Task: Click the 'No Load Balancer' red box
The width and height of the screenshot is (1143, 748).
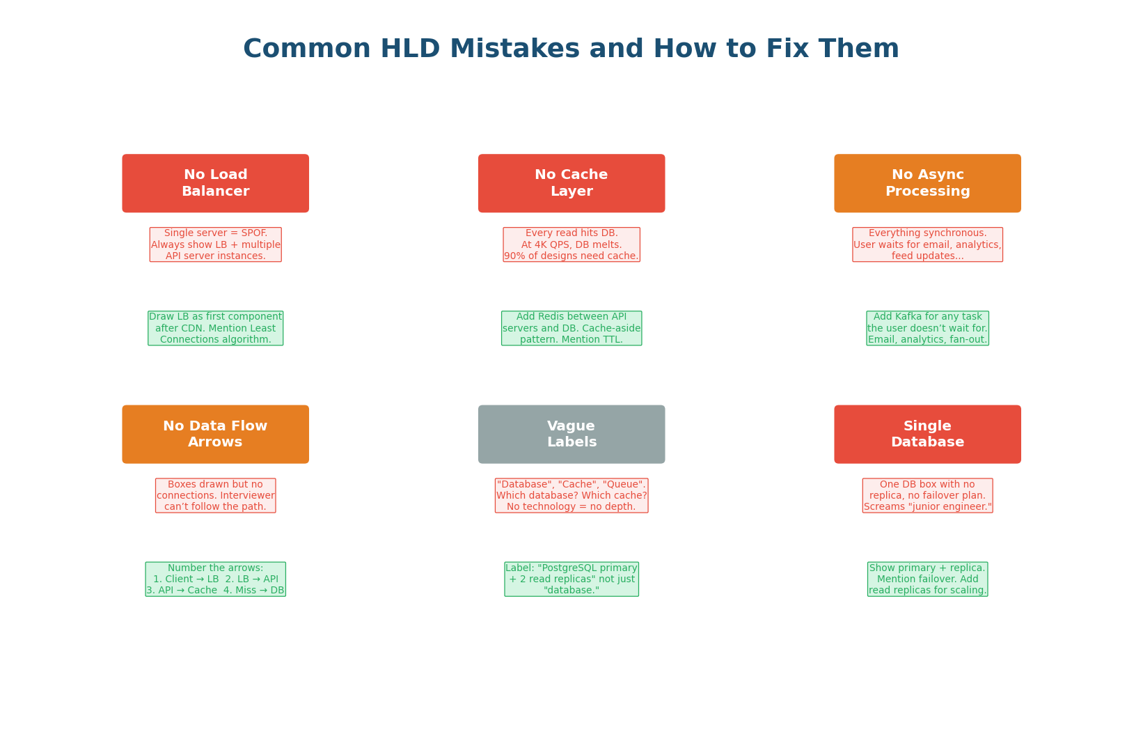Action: (215, 183)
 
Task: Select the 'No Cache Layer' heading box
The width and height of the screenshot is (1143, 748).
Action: (571, 183)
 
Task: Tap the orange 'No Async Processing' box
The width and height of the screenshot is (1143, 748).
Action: (927, 183)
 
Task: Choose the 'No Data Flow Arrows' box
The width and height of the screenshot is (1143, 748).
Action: (215, 434)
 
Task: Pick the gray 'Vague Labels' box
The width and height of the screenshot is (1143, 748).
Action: (571, 434)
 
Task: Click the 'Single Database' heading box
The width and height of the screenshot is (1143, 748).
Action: (927, 434)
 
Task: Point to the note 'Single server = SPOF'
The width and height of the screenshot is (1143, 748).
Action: (215, 244)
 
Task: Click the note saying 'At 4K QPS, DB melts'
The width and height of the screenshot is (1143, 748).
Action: (571, 244)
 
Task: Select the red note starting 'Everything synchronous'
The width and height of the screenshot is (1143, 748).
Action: (927, 244)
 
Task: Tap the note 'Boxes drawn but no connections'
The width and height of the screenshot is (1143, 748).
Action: (215, 495)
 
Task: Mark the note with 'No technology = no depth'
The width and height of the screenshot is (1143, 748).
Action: (571, 495)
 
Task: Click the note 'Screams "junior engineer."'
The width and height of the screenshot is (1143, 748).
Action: (927, 495)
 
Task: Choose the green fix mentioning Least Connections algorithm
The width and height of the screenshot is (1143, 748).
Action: (215, 328)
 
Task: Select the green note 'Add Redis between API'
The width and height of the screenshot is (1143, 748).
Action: (571, 328)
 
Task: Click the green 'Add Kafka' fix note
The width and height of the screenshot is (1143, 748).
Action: (927, 328)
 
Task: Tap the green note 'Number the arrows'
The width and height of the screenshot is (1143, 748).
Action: (215, 579)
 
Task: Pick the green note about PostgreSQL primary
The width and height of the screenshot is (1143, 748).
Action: (571, 579)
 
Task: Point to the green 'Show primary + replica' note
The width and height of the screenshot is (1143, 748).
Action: (927, 579)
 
